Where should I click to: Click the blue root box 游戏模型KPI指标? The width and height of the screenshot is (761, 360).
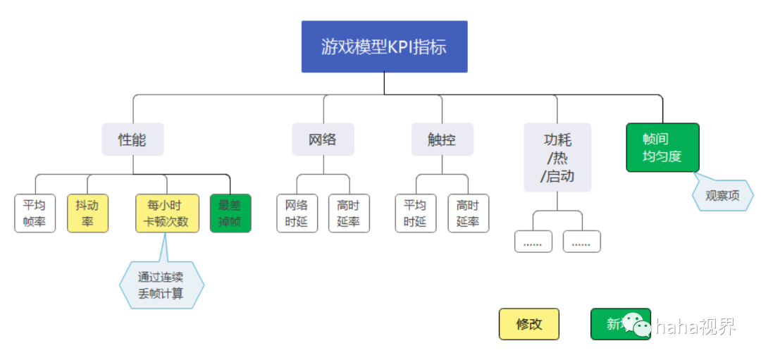[x=384, y=46]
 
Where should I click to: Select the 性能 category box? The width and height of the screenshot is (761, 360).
[x=132, y=139]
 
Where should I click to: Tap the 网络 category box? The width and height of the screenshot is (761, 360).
[x=323, y=139]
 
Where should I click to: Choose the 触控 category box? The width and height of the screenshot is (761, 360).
[x=442, y=139]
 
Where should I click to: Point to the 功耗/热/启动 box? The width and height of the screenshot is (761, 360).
[x=557, y=157]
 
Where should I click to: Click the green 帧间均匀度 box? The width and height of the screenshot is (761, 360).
[x=662, y=147]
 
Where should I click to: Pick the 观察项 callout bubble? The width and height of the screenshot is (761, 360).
[x=722, y=195]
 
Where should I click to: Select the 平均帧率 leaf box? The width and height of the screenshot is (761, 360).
[x=35, y=213]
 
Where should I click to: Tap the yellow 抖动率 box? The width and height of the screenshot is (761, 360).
[x=87, y=213]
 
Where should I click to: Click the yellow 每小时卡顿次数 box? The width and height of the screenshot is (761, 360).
[x=167, y=213]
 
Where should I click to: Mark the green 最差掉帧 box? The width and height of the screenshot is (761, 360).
[x=230, y=213]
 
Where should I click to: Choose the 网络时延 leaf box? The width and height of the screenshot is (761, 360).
[x=297, y=213]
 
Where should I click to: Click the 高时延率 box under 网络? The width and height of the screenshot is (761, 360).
[x=349, y=213]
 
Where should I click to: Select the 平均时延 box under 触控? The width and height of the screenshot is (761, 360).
[x=415, y=213]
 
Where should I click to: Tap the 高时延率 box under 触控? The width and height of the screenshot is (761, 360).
[x=468, y=213]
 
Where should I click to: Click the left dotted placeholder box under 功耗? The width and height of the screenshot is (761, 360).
[x=533, y=242]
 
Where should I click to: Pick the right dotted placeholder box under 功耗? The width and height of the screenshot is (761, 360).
[x=581, y=242]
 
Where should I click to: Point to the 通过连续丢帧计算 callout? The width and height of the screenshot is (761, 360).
[x=161, y=285]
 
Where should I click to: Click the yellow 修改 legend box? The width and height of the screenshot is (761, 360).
[x=529, y=324]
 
